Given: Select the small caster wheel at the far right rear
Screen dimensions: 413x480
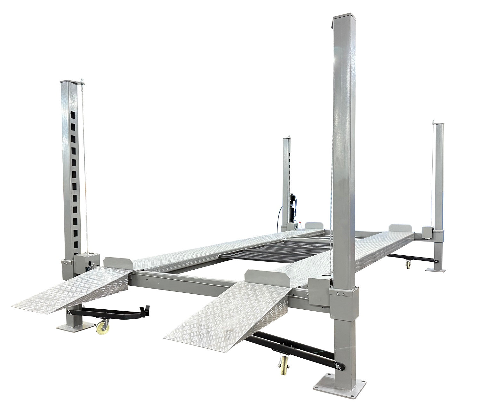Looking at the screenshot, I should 409,264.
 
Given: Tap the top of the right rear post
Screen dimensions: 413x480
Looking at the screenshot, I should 438,125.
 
